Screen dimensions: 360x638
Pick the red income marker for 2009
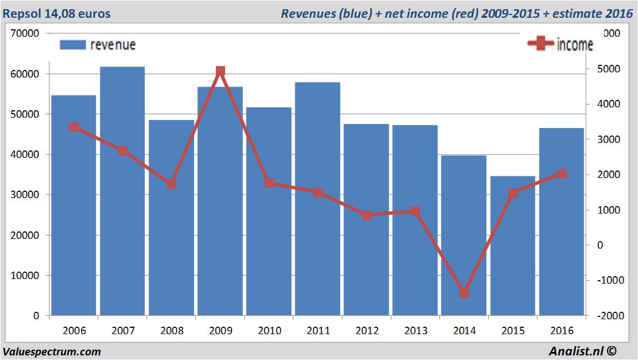[221, 71]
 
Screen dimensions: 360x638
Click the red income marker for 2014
[464, 293]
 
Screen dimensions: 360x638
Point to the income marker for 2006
[74, 127]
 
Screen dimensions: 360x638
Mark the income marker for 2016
[562, 173]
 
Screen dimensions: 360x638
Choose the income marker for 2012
[366, 215]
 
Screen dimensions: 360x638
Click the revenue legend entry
[98, 45]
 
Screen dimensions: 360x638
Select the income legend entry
[560, 44]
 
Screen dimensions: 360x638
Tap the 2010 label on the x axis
[269, 331]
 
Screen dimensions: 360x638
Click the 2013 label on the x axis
[416, 331]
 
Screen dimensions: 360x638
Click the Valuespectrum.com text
[52, 351]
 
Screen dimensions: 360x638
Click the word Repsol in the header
[22, 13]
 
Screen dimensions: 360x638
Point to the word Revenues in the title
[308, 13]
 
